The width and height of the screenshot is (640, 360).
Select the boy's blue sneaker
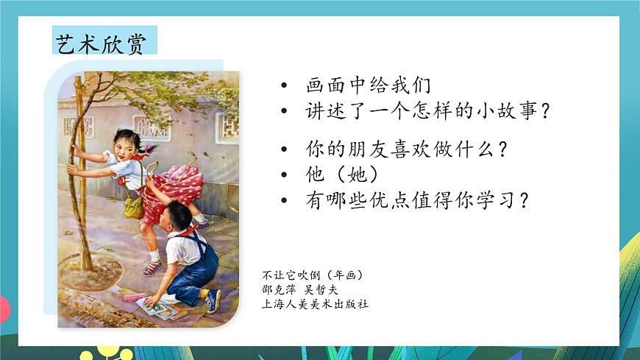213,300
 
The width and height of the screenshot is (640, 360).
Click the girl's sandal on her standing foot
152,267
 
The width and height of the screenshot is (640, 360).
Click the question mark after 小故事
545,112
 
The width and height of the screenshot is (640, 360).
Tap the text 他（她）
343,174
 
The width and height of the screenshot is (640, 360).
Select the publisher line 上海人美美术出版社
315,303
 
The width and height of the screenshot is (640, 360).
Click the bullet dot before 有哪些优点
284,201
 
